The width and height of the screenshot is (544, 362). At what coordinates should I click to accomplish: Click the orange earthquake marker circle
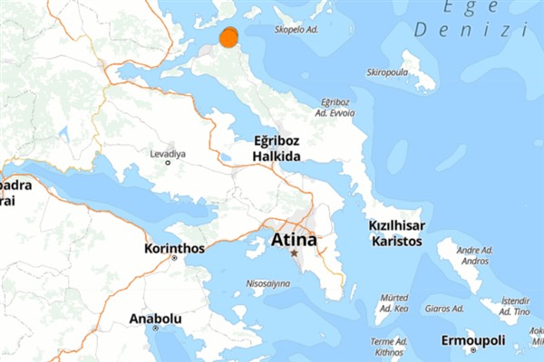228,37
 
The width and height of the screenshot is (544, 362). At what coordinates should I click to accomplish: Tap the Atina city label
294,241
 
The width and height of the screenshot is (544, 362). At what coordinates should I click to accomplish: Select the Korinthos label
172,248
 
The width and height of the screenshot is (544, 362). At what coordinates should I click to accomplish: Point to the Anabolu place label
156,319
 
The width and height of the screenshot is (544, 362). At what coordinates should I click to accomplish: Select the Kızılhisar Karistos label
398,233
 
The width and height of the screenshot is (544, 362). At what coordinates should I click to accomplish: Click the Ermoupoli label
471,340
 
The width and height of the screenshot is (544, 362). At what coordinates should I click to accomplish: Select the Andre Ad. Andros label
474,255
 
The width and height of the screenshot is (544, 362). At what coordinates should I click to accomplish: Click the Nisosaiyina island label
268,283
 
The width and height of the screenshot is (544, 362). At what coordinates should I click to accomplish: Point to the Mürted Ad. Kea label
393,303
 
